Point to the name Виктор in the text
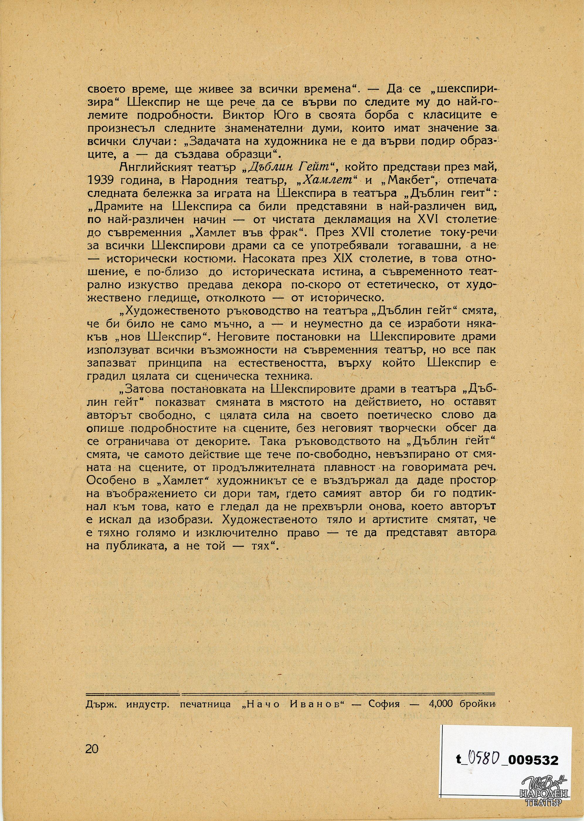pyautogui.click(x=241, y=117)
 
